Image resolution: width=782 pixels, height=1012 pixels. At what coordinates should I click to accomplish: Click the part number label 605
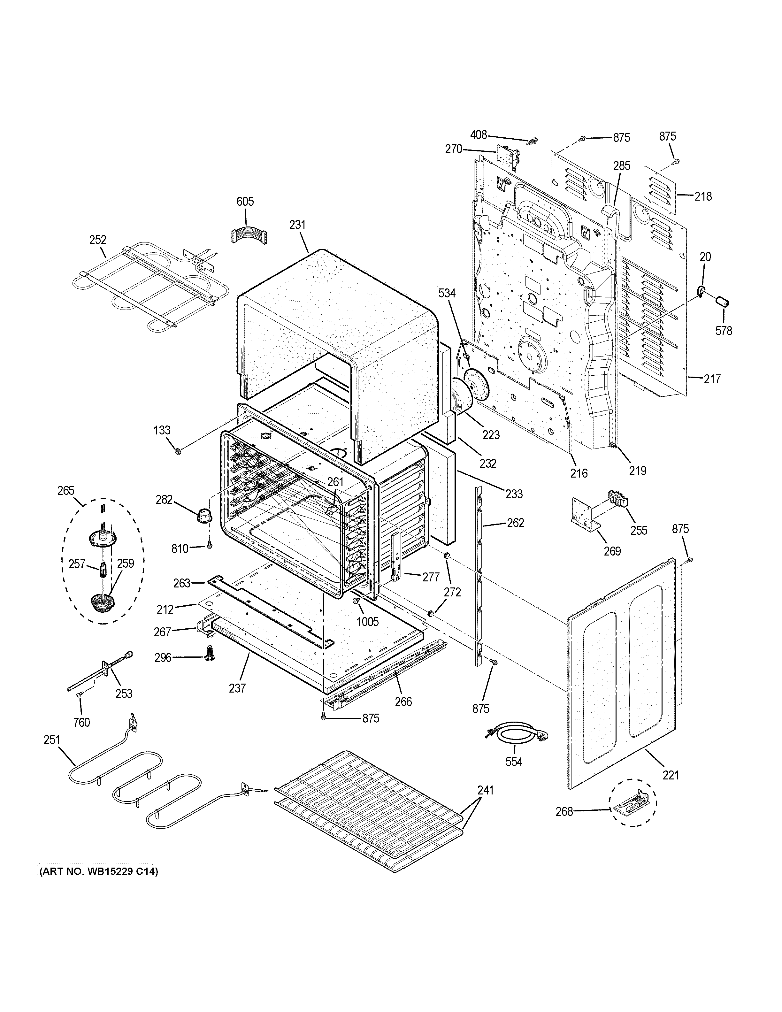click(245, 202)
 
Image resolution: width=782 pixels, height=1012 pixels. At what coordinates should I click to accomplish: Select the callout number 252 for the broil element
click(98, 240)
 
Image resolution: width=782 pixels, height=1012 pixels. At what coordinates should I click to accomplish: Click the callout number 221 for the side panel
click(670, 774)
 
